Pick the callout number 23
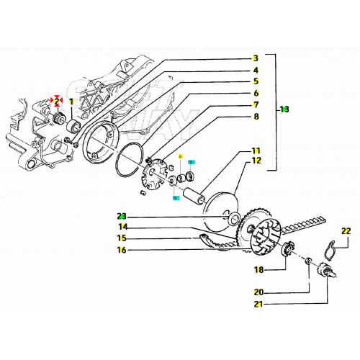tap(122, 215)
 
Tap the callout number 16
tap(122, 250)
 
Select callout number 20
tap(258, 293)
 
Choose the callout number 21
tap(258, 305)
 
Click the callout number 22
tap(346, 231)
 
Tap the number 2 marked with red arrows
tap(57, 101)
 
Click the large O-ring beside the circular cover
tap(130, 162)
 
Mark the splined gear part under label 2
tap(58, 119)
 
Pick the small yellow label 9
tap(181, 156)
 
